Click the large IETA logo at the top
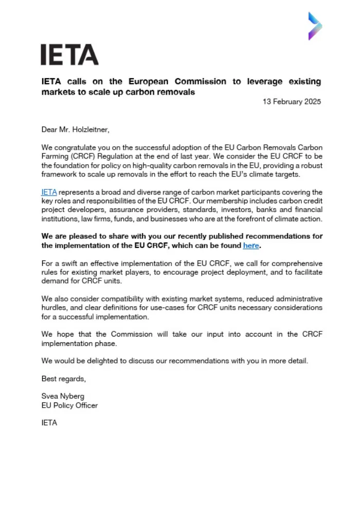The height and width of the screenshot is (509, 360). coord(69,55)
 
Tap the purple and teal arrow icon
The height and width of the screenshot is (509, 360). coord(315,26)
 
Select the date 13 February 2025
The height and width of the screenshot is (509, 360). coord(292,102)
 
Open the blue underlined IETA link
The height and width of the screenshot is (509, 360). coord(49,192)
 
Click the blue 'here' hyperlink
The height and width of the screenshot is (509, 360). coord(251,245)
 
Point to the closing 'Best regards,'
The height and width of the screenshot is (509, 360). coord(64,379)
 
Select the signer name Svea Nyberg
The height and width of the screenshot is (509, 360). coord(62,396)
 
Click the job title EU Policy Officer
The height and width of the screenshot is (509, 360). coord(69,405)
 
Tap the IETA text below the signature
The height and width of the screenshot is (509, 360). coord(49,423)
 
